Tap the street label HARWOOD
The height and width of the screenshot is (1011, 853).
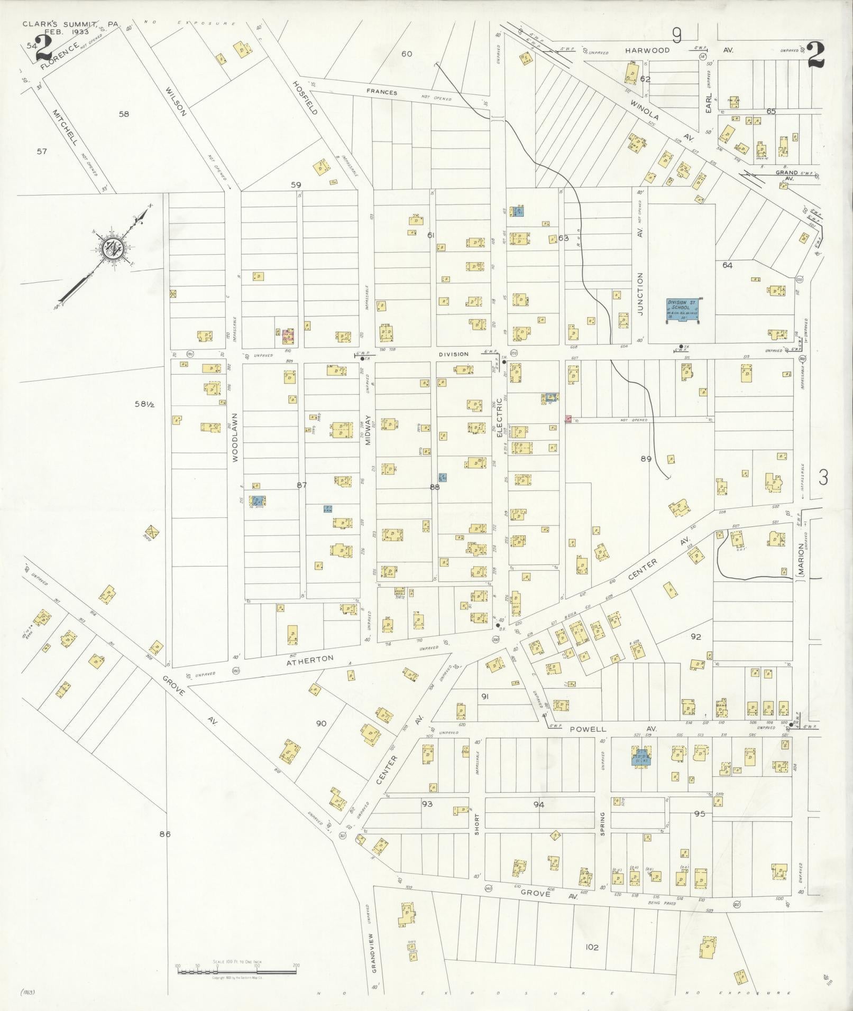pos(647,51)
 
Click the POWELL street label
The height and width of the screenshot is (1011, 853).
pos(588,729)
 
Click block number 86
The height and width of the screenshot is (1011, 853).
pos(165,834)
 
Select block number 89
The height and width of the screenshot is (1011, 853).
pos(646,459)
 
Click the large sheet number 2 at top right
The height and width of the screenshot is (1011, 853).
pos(816,54)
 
